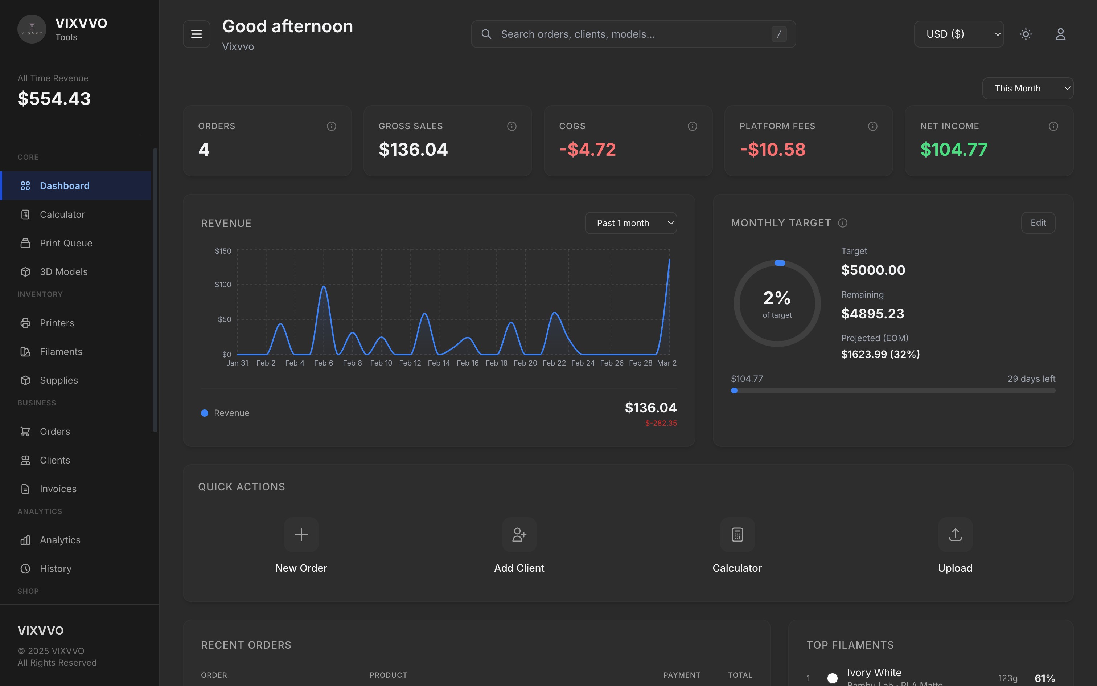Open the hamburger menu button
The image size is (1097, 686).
196,34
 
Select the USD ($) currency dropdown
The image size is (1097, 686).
958,34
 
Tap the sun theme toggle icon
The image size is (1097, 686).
1026,34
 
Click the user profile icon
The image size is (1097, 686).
1060,34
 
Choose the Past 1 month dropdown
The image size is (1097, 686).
630,223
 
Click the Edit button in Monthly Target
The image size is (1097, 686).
1038,223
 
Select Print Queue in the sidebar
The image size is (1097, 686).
66,243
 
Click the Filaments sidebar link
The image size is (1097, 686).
61,352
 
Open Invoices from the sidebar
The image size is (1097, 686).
58,489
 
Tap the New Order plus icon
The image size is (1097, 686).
301,534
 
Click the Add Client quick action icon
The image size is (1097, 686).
519,534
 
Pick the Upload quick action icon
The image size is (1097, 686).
955,534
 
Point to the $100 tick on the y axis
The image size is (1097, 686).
223,285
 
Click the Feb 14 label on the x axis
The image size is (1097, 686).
439,363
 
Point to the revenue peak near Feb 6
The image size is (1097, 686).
324,287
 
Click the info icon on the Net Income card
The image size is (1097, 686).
1053,126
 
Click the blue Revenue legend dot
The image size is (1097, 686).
205,413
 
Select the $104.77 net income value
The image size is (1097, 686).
953,150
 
